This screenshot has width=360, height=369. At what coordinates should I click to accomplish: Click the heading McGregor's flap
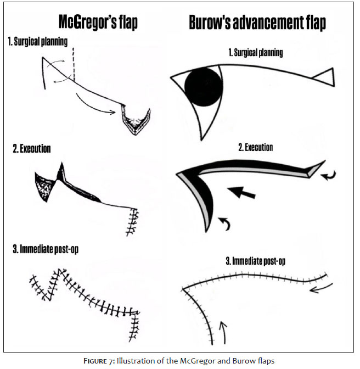[98, 23]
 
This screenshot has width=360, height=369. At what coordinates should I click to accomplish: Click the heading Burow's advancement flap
[257, 23]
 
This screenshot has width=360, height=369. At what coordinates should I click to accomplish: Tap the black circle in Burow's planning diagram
[204, 87]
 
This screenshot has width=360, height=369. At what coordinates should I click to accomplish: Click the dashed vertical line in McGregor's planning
[74, 64]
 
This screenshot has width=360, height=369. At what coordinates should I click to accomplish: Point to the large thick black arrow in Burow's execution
[241, 192]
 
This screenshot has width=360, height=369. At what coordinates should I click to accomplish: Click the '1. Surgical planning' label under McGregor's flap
[38, 42]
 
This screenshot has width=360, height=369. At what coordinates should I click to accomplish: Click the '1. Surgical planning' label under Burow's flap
[256, 52]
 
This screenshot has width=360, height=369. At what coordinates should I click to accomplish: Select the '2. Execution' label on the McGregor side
[32, 149]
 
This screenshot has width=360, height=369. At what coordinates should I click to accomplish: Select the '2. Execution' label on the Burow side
[256, 147]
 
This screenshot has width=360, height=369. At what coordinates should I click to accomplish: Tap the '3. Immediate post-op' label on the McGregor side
[46, 249]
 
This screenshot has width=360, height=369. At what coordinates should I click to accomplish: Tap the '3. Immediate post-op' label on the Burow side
[256, 261]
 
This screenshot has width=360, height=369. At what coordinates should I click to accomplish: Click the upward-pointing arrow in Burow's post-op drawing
[224, 332]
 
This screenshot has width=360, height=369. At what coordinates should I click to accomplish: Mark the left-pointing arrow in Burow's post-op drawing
[320, 289]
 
